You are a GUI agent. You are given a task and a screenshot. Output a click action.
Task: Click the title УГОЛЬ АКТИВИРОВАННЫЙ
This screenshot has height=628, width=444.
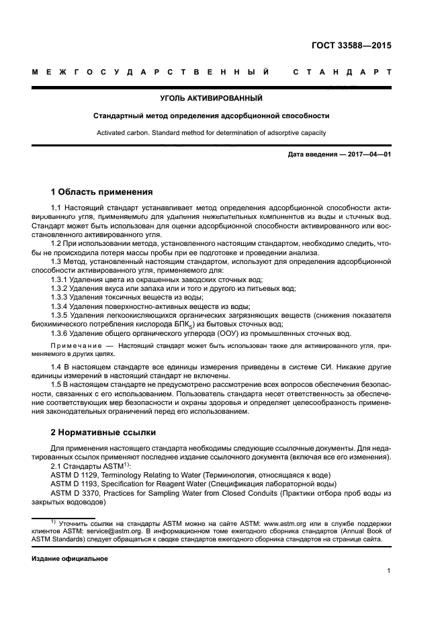point(211,99)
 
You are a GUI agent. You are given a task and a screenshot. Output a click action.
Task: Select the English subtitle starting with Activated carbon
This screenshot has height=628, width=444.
point(211,132)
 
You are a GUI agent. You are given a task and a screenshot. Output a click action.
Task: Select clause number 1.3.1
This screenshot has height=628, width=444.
point(61,279)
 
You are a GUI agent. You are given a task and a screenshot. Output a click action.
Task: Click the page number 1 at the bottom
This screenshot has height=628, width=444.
point(389,572)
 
